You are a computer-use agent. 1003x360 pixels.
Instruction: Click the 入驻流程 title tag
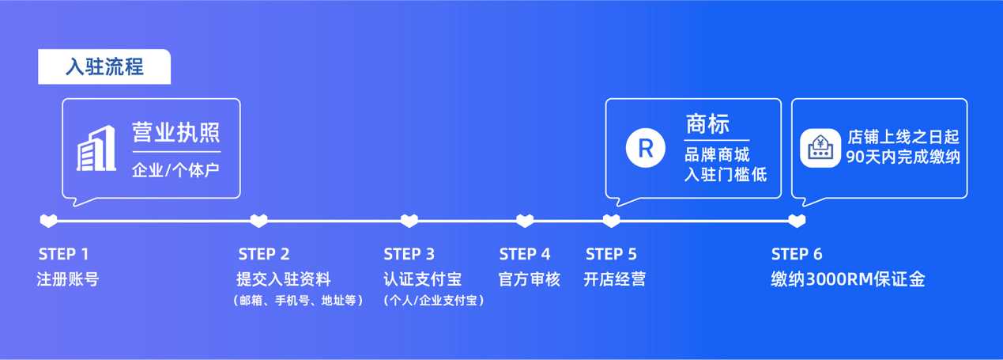pos(104,66)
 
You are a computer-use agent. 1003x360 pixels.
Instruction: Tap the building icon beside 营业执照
pos(96,148)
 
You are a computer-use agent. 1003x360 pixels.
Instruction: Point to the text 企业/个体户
pos(175,170)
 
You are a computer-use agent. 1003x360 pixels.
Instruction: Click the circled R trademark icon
pos(645,148)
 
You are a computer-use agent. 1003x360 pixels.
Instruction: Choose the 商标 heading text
pos(707,124)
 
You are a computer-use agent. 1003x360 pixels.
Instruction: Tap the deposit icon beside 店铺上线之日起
pos(820,148)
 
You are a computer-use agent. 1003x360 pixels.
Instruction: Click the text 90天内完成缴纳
pos(902,157)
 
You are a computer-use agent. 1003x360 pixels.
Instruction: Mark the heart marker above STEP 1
pos(49,221)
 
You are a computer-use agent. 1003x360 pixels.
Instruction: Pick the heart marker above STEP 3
pos(409,221)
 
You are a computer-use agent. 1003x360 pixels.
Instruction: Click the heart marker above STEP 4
pos(525,221)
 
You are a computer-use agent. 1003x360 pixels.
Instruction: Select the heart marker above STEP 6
pos(797,221)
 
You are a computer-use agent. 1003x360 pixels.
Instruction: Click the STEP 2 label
pos(264,254)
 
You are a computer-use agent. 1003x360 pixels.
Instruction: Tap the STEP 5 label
pos(611,254)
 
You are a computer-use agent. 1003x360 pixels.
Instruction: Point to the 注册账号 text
pos(68,279)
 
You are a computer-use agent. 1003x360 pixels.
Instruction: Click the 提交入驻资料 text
pos(284,279)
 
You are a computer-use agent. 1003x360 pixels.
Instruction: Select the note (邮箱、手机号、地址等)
pos(298,301)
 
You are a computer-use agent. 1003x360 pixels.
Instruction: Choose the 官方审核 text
pos(530,279)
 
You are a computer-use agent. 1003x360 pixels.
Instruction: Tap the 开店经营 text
pos(615,279)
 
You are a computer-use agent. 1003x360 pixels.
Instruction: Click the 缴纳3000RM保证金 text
pos(848,279)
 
